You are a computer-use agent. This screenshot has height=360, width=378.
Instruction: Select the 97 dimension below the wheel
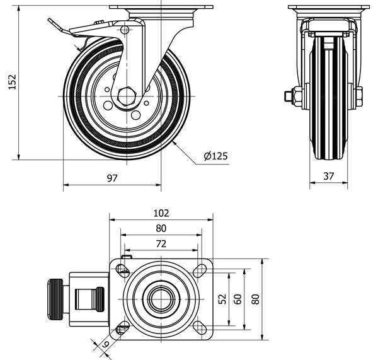[x=112, y=178]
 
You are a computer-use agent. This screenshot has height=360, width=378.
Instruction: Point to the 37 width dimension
[x=328, y=177]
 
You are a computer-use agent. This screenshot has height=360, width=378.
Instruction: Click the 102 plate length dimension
[x=161, y=213]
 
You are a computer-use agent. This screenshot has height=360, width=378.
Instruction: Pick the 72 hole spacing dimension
[x=161, y=243]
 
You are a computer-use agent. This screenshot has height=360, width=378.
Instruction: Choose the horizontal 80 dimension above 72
[x=161, y=228]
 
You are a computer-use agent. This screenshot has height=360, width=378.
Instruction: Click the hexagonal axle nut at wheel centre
[x=125, y=96]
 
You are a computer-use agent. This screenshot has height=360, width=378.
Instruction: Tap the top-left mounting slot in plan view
[x=122, y=270]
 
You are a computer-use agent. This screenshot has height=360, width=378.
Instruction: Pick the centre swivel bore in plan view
[x=161, y=298]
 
